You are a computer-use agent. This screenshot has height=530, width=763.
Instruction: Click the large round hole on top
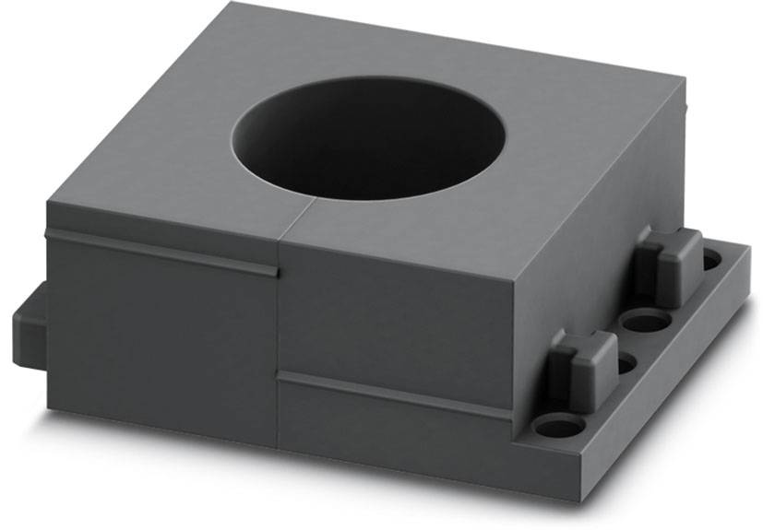point(369,138)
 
